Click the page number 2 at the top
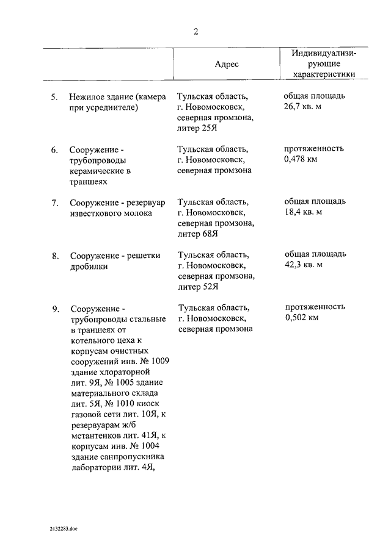[x=195, y=32]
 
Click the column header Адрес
[x=227, y=64]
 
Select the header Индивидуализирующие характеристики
[x=323, y=64]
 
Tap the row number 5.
[x=54, y=97]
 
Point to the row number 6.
[x=54, y=150]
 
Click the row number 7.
[x=54, y=203]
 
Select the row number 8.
[x=54, y=256]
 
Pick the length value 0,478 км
[x=301, y=159]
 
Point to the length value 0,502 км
[x=301, y=317]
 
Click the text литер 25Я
[x=198, y=128]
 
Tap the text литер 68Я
[x=198, y=234]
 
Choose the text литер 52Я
[x=198, y=287]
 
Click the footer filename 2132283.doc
[x=64, y=530]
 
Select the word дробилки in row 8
[x=89, y=267]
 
